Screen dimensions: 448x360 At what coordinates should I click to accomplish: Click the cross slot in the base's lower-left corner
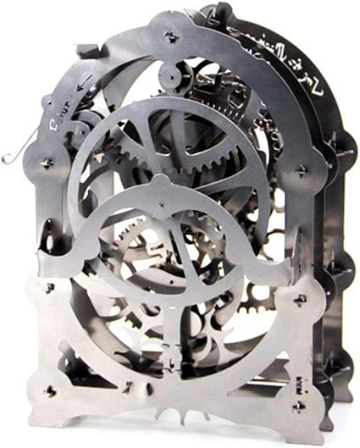tap(50, 391)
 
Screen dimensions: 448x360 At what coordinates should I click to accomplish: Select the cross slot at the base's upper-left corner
tap(49, 288)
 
